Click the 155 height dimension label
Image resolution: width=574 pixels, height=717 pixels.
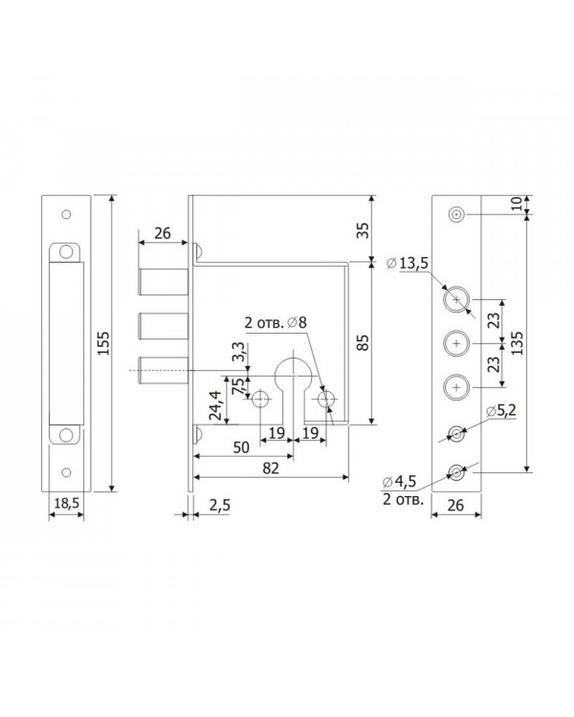104,343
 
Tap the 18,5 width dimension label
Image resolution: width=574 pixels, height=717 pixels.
67,504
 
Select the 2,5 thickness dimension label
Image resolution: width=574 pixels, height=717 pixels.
220,506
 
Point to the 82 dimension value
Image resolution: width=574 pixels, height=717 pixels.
271,468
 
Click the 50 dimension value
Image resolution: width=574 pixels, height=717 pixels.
241,447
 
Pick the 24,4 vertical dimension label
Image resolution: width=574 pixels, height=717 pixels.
215,405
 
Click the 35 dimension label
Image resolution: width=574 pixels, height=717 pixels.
363,230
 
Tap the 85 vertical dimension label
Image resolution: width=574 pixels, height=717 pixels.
363,342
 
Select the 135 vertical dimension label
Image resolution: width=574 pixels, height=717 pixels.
519,342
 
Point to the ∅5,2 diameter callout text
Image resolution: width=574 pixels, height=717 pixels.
500,411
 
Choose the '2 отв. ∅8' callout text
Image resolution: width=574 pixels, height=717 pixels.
276,323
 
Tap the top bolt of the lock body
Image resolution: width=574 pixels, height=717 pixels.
163,282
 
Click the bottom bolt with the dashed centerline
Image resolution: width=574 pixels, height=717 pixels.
163,370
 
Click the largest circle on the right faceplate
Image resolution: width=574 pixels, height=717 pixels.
456,300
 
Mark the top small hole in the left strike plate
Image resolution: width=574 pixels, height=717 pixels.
66,214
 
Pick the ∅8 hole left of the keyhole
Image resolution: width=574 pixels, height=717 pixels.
260,399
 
